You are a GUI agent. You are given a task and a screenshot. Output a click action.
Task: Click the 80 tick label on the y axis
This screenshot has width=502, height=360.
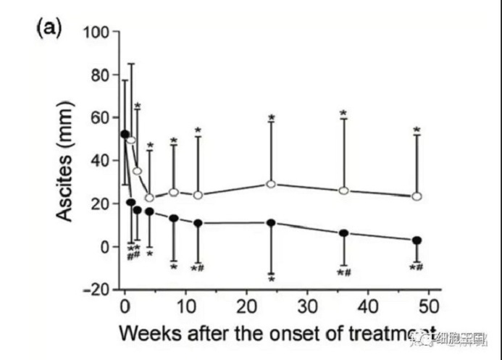pyautogui.click(x=100, y=75)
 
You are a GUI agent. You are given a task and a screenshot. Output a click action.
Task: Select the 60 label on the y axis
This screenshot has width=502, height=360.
pyautogui.click(x=100, y=118)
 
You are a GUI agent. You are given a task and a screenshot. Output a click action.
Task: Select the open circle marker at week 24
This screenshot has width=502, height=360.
pyautogui.click(x=271, y=184)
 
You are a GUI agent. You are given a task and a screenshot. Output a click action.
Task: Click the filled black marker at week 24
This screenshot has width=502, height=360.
pyautogui.click(x=271, y=222)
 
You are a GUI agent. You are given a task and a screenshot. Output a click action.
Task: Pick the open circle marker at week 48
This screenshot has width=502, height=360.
pyautogui.click(x=417, y=196)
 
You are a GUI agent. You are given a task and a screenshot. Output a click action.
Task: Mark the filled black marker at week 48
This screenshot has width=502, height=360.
pyautogui.click(x=417, y=240)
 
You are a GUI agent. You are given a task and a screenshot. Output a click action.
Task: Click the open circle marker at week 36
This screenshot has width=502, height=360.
pyautogui.click(x=344, y=191)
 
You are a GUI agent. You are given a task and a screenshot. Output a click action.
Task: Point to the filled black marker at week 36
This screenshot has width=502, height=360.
pyautogui.click(x=344, y=233)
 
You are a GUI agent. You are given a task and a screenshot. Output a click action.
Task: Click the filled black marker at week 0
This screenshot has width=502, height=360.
pyautogui.click(x=125, y=134)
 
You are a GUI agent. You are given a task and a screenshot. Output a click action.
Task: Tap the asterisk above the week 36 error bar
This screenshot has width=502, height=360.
pyautogui.click(x=343, y=113)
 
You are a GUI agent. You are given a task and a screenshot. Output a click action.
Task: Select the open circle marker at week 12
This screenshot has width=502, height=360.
pyautogui.click(x=198, y=195)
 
